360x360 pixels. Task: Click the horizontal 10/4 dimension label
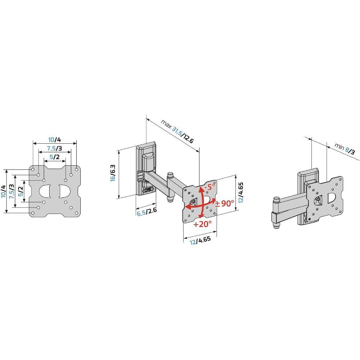54,140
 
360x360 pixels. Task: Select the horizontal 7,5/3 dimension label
54,148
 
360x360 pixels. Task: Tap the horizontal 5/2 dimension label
54,157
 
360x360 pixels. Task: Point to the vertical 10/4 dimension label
4,191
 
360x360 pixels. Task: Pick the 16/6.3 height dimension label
113,173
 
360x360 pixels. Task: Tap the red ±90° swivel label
225,203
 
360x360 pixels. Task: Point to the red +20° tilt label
202,224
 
